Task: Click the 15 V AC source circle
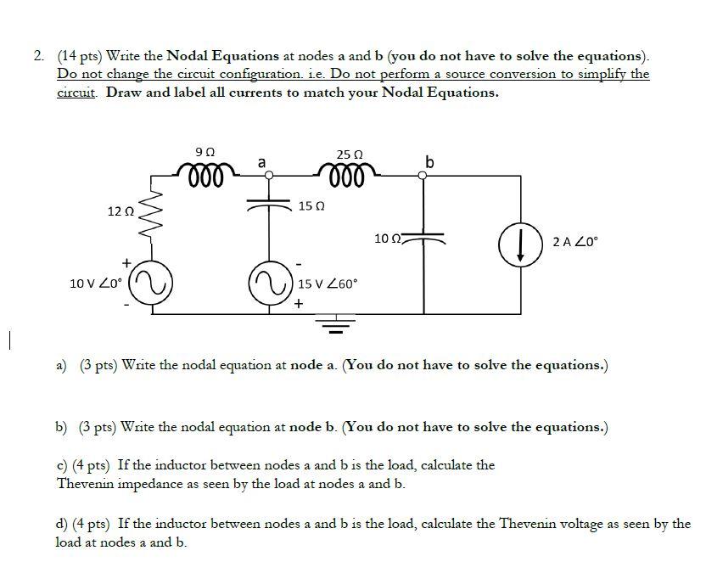pos(269,281)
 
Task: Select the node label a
pos(261,160)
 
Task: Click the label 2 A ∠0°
pos(574,241)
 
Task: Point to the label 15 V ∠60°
pos(329,282)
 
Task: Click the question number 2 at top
pos(40,56)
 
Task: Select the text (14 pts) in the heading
pos(81,56)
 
